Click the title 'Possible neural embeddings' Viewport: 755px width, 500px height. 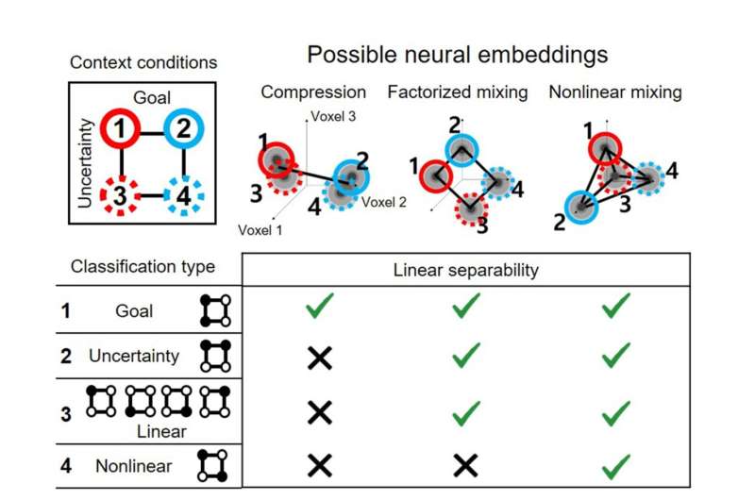point(457,55)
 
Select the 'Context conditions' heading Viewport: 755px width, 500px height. point(143,63)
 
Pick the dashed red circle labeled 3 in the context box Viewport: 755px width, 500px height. point(122,198)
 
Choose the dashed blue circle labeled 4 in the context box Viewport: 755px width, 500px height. point(184,198)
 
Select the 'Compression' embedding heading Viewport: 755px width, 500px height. point(313,92)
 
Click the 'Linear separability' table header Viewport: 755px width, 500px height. point(465,271)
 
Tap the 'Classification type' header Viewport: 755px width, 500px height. point(143,267)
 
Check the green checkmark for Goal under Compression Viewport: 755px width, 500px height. point(320,307)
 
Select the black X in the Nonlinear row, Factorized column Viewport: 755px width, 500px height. point(465,464)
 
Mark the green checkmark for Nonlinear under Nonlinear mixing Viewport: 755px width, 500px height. point(615,464)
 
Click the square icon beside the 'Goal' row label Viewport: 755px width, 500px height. point(214,309)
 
